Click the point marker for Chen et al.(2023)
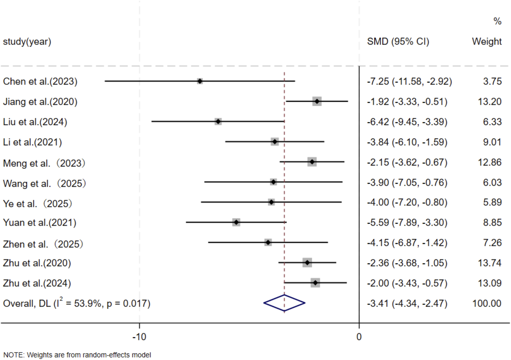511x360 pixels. tap(200, 81)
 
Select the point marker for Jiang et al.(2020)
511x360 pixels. tap(317, 101)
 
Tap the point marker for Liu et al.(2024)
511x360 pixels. tap(218, 121)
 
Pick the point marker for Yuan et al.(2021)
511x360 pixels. tap(236, 222)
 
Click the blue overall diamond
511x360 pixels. tap(284, 303)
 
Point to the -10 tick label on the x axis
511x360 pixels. tap(139, 337)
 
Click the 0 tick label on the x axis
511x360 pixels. tap(359, 337)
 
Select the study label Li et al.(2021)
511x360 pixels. tap(32, 142)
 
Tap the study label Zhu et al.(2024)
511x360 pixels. tap(37, 283)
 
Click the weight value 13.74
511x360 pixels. tap(490, 263)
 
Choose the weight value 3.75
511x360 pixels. tap(492, 81)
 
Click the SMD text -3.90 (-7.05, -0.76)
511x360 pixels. tap(407, 182)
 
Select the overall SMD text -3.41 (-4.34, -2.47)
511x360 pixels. tap(407, 304)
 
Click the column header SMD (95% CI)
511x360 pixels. tap(398, 42)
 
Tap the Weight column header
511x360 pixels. tap(487, 42)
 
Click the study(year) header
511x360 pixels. tap(27, 42)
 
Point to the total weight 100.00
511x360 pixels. tap(487, 304)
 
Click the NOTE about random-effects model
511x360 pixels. tap(77, 355)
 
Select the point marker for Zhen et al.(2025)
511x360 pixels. tap(268, 242)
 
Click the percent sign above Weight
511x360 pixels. tap(497, 21)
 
